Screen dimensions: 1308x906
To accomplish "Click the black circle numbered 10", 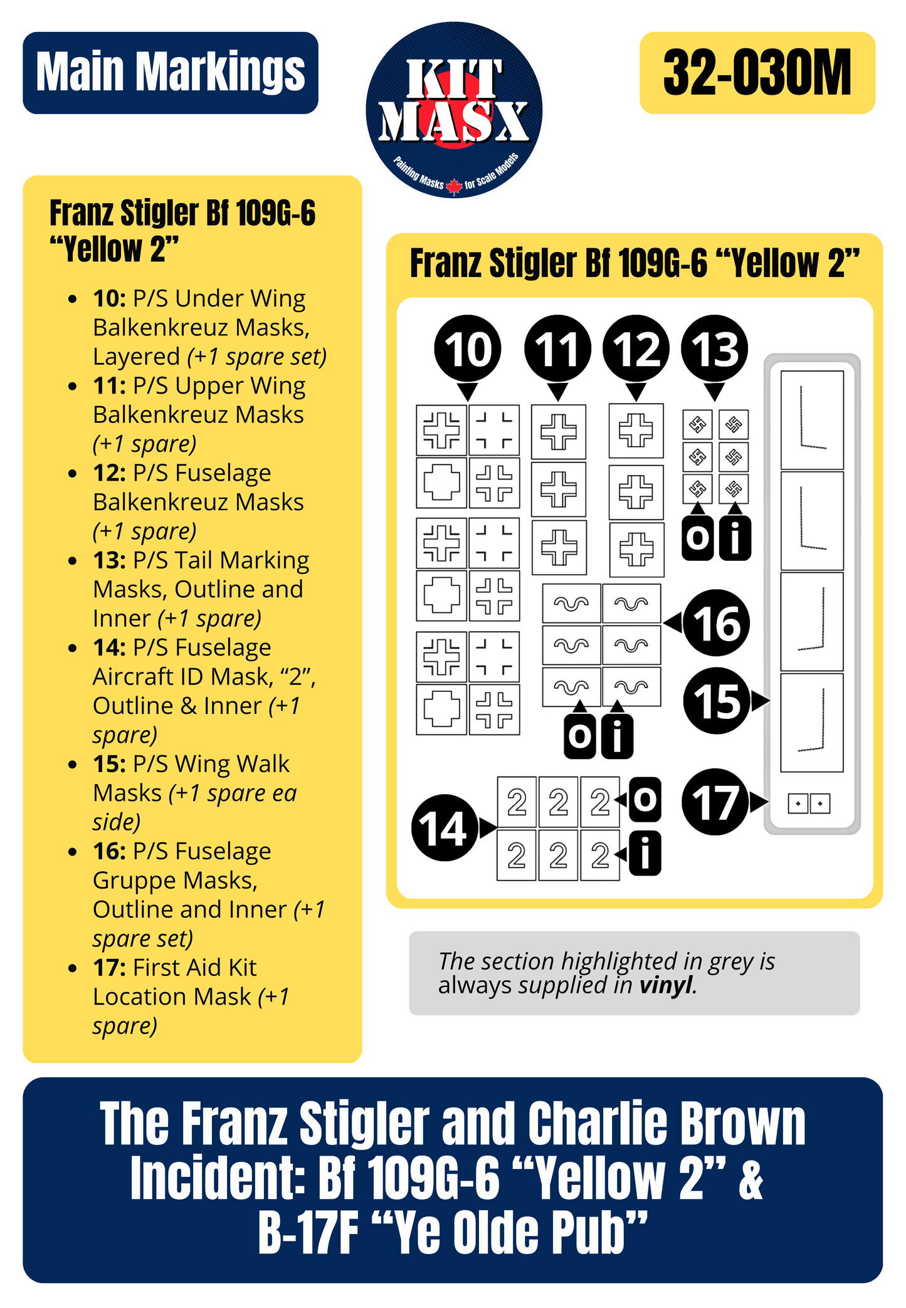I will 467,348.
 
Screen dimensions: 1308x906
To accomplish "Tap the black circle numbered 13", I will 714,348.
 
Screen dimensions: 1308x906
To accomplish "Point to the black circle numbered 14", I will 443,827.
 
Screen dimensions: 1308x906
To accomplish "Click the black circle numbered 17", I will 715,802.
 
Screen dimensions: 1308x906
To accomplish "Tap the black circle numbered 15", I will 716,701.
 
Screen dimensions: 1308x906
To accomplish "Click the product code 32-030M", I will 757,73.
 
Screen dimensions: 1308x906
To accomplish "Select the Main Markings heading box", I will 171,73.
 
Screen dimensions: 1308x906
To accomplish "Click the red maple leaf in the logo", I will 454,186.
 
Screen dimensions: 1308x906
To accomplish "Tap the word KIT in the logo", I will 454,80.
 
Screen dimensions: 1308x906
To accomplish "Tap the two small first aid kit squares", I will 809,803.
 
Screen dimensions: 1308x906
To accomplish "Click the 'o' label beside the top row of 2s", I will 645,800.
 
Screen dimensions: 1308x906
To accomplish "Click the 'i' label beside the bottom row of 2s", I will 645,853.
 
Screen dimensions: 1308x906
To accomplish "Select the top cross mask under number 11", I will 558,431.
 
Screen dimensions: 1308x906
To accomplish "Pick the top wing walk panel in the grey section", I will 811,420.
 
